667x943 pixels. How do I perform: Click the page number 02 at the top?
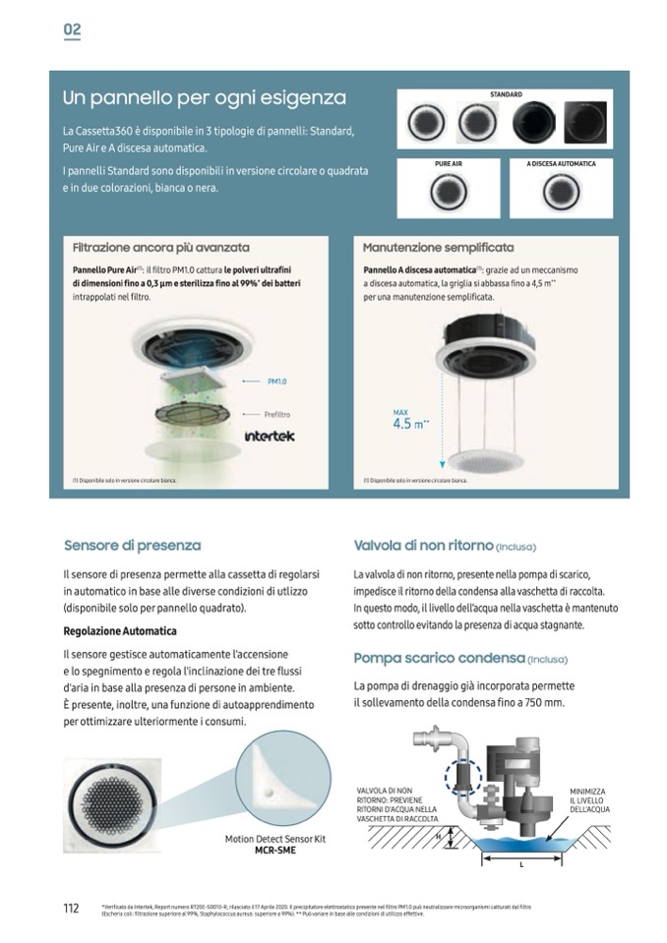[72, 29]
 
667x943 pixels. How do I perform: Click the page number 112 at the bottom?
[72, 908]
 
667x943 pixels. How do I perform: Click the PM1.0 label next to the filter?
[276, 380]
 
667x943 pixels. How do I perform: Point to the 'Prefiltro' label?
[276, 414]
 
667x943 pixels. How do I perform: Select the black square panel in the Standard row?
[586, 123]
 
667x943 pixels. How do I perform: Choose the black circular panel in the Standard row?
[533, 123]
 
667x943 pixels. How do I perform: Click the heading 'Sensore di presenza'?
[132, 545]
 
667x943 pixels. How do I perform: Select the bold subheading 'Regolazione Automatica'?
[119, 630]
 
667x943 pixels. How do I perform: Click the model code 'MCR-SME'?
[269, 850]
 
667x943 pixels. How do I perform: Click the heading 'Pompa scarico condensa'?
[439, 658]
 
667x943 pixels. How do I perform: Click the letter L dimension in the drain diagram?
[520, 866]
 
